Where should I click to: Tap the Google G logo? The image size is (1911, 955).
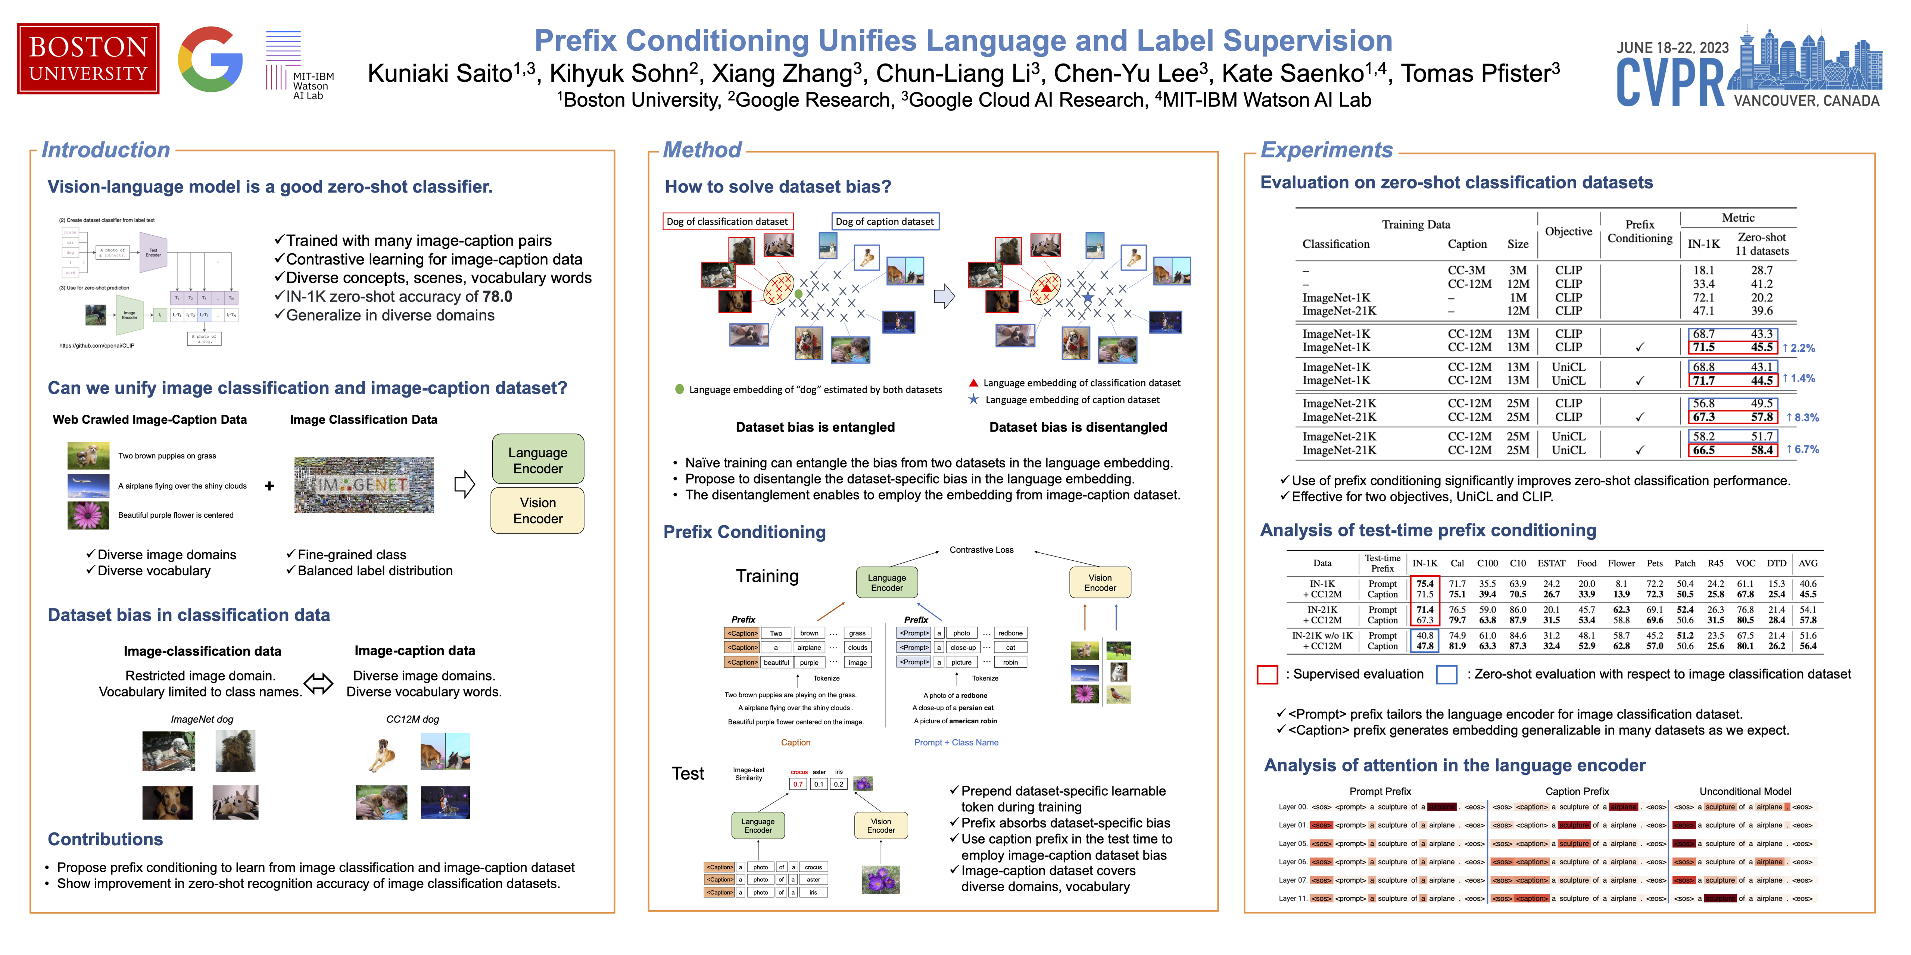[x=210, y=59]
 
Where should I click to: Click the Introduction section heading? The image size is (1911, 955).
[x=105, y=150]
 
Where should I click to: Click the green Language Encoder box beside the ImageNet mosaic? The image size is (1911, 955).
[x=538, y=460]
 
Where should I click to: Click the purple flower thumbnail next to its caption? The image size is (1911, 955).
[x=88, y=514]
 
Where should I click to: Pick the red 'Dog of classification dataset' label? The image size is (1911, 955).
[x=727, y=221]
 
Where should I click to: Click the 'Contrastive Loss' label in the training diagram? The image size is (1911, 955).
[x=981, y=549]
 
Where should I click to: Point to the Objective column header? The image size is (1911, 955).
[x=1568, y=231]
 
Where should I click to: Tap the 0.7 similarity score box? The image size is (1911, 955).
[x=798, y=784]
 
